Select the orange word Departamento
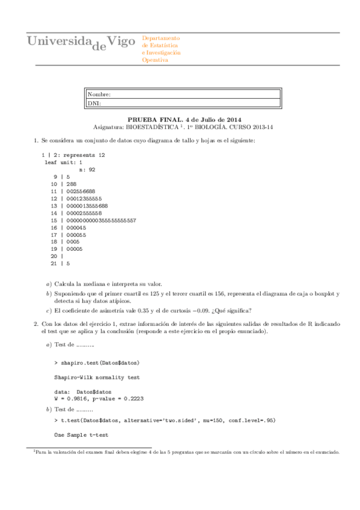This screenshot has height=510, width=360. coord(160,38)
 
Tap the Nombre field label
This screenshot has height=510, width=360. coord(99,94)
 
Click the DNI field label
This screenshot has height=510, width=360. coord(94,103)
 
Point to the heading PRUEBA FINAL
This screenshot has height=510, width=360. coord(154,119)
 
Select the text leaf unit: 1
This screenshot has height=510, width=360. coord(63,162)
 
